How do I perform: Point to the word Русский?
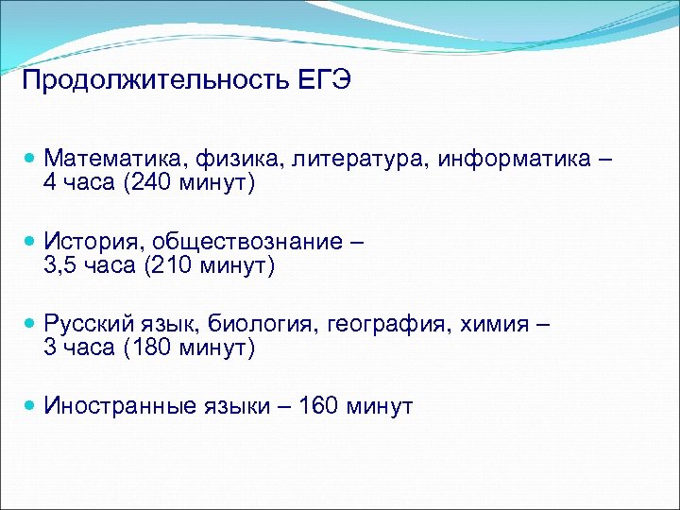coord(85,324)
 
